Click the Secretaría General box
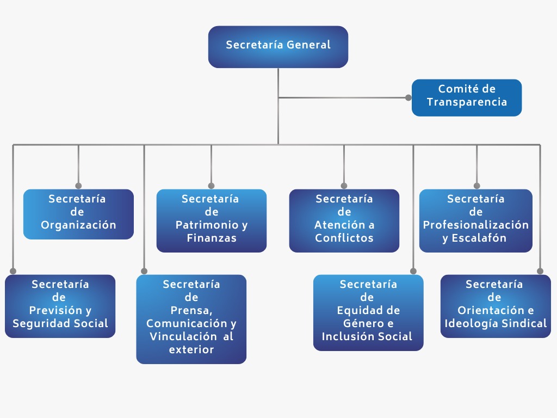click(278, 47)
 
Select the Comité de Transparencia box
click(467, 97)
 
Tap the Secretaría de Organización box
click(78, 214)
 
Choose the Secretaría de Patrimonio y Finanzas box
click(211, 220)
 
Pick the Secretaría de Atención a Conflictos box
click(344, 220)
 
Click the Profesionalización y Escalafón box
click(475, 220)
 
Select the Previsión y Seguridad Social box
click(60, 306)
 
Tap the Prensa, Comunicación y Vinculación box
click(191, 319)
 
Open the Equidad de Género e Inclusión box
click(368, 312)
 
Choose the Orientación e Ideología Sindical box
click(496, 306)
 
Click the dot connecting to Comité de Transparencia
click(408, 98)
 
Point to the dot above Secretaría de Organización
click(78, 186)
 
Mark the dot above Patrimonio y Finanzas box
click(211, 186)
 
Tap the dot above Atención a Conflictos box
click(344, 186)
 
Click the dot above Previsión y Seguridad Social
click(13, 271)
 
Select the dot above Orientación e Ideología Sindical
click(540, 271)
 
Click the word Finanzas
click(212, 238)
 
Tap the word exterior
click(191, 349)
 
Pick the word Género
click(354, 324)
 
